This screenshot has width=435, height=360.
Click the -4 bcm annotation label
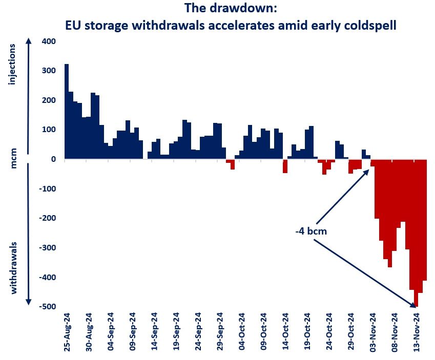pyautogui.click(x=311, y=231)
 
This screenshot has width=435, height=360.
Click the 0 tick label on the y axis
pyautogui.click(x=52, y=159)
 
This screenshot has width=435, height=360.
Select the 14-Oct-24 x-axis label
pyautogui.click(x=285, y=331)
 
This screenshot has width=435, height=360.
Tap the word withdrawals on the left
pyautogui.click(x=13, y=268)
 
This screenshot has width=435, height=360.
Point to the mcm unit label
pyautogui.click(x=13, y=159)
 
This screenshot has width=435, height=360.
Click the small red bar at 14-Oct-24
pyautogui.click(x=285, y=166)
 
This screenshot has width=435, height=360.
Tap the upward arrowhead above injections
pyautogui.click(x=29, y=41)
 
